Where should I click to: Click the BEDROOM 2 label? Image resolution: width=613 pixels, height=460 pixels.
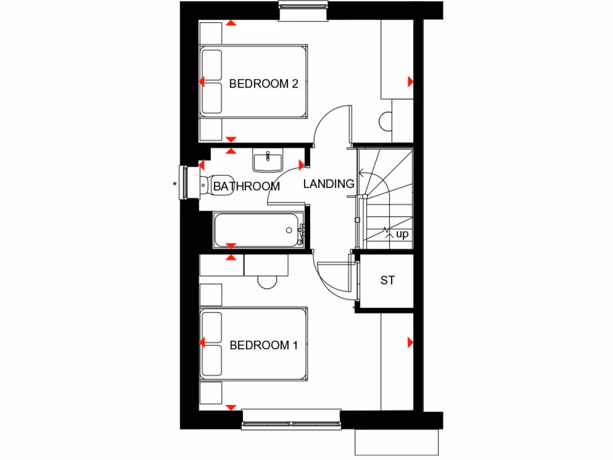click(263, 84)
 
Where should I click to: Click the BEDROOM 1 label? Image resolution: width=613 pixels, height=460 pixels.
click(263, 345)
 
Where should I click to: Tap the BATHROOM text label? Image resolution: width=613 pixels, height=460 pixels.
click(246, 186)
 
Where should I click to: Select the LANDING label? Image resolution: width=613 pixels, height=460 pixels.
click(329, 184)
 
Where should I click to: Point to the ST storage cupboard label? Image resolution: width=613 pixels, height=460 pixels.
click(387, 280)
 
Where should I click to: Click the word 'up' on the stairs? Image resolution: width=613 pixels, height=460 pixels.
click(402, 234)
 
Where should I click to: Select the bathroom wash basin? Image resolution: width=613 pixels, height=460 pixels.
click(268, 161)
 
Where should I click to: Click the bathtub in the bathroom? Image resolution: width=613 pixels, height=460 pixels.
click(259, 230)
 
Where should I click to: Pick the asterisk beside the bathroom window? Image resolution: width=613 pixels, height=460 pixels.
click(175, 184)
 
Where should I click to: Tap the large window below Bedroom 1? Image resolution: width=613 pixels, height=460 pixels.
click(291, 419)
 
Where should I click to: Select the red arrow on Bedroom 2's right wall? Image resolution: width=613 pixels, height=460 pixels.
click(411, 81)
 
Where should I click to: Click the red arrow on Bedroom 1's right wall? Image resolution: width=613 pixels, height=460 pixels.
click(411, 343)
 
